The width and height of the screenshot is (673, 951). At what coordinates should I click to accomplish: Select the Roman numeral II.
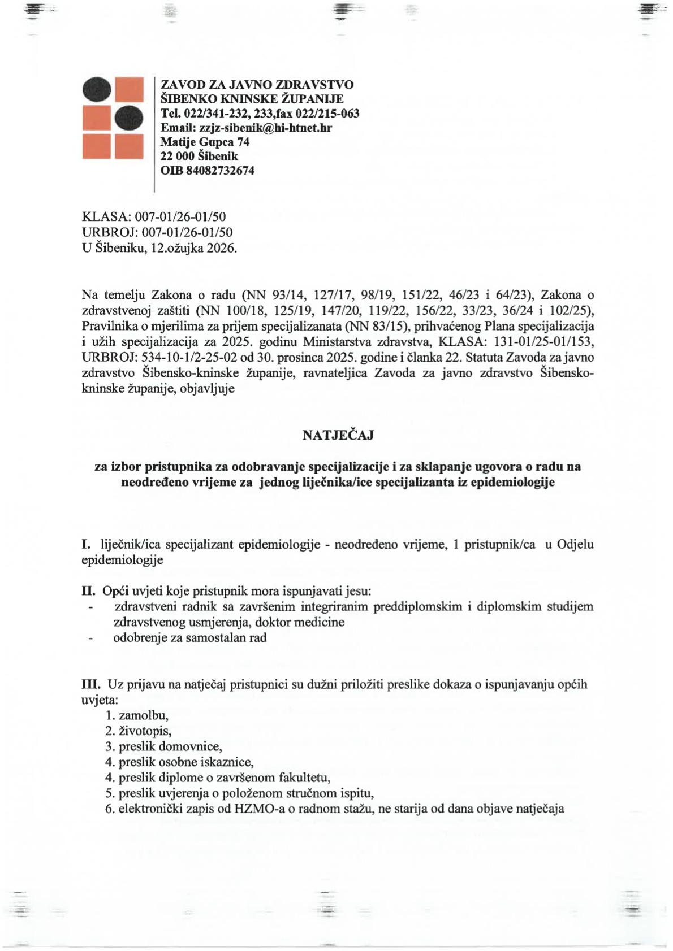[89, 591]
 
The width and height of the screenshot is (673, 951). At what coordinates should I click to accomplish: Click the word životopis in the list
[144, 731]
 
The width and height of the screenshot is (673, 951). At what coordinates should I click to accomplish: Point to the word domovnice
[197, 746]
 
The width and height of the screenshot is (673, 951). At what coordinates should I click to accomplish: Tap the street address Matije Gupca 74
[205, 142]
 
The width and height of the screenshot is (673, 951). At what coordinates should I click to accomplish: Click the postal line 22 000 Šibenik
[199, 156]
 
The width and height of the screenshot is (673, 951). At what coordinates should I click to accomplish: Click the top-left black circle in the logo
[97, 90]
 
